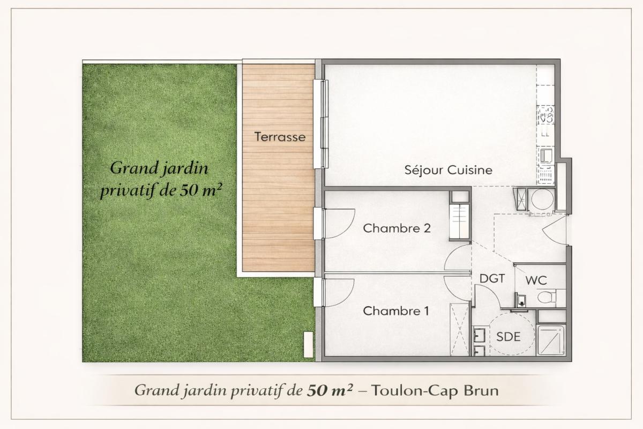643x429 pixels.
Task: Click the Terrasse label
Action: [x=280, y=137]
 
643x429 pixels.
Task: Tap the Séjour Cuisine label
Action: [x=447, y=171]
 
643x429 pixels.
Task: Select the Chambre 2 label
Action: [x=397, y=228]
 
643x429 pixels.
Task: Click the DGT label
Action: [x=492, y=279]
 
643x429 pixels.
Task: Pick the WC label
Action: [x=535, y=280]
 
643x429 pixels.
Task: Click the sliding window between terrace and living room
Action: [x=323, y=123]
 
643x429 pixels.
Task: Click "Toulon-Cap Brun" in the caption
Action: [x=434, y=390]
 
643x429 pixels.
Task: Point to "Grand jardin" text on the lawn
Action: [x=159, y=168]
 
